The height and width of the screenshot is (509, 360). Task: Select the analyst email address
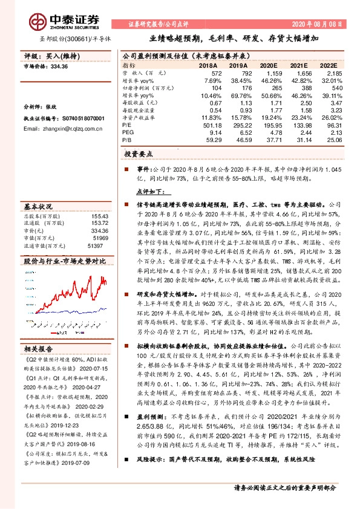(58, 129)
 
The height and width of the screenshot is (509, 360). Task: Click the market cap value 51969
(99, 238)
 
